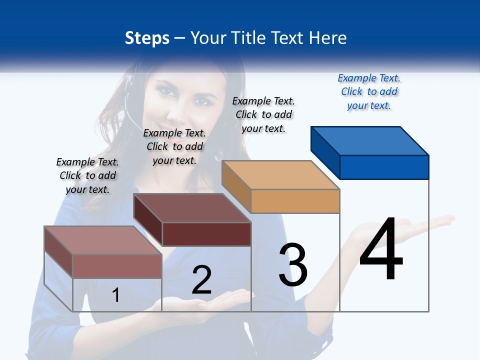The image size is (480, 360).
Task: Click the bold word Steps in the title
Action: tap(147, 38)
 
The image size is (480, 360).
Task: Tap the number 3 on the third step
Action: tap(293, 265)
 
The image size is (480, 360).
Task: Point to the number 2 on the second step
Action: tap(202, 280)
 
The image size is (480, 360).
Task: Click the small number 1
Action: tap(116, 295)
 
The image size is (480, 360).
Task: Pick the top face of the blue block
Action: tap(369, 140)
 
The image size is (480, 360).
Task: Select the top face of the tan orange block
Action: tap(280, 175)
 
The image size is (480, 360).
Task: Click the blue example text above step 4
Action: tap(369, 91)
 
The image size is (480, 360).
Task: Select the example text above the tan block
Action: tap(263, 114)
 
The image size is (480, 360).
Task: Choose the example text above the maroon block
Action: tap(174, 146)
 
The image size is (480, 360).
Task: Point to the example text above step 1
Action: tap(87, 175)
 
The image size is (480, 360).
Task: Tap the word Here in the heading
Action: tap(328, 38)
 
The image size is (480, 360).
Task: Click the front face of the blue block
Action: tap(384, 167)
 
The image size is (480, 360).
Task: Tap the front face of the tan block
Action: tap(295, 201)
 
